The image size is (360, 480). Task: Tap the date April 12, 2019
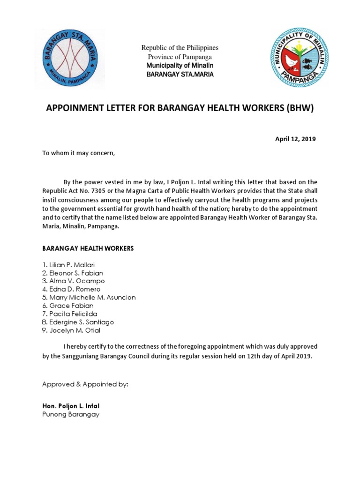click(295, 139)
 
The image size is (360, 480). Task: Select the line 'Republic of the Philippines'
click(180, 48)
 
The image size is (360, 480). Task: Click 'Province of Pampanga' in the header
click(180, 57)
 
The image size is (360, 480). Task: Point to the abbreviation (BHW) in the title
click(296, 109)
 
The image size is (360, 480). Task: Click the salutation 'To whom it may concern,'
click(78, 153)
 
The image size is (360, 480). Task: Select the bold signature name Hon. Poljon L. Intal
click(71, 406)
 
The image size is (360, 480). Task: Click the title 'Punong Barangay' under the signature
click(71, 415)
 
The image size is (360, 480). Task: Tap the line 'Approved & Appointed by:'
click(85, 384)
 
